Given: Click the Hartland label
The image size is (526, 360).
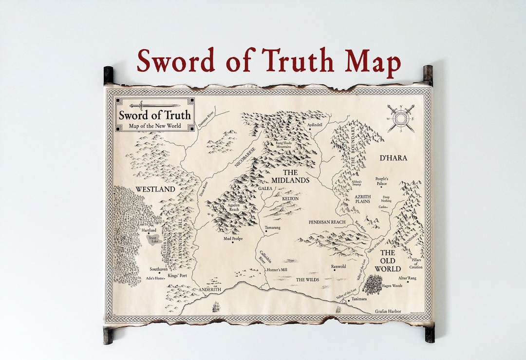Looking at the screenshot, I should [149, 230].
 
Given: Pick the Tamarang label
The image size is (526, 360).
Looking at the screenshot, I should [272, 227].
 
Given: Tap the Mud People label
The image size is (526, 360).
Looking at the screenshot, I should [233, 239].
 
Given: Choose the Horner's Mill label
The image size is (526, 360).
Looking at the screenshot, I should [278, 270].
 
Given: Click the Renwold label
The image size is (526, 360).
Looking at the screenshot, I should [338, 266].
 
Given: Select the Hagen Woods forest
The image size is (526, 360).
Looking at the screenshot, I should [372, 284].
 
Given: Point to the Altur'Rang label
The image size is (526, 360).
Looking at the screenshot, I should [407, 278].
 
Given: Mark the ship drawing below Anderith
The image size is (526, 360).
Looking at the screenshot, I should [215, 307].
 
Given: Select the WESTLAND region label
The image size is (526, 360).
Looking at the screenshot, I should [155, 189].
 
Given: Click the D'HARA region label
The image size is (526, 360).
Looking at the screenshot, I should [393, 158].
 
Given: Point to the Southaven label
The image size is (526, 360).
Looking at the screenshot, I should [159, 269].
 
